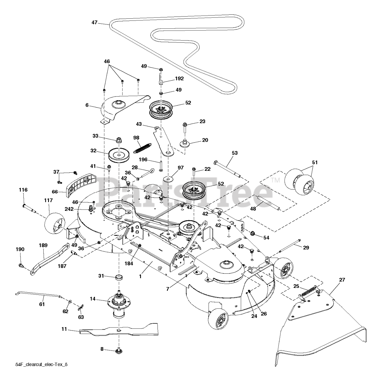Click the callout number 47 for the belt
[95, 22]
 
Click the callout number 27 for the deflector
[342, 279]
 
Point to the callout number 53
[234, 153]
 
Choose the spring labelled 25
[308, 291]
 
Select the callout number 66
[54, 192]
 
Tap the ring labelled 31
[119, 277]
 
